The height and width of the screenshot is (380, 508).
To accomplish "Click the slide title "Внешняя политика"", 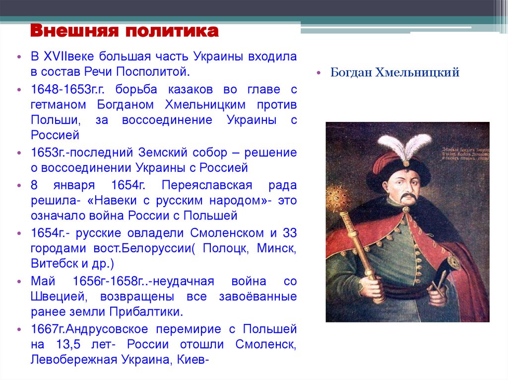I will [x=124, y=32].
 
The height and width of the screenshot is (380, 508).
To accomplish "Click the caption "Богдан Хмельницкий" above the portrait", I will [x=395, y=73].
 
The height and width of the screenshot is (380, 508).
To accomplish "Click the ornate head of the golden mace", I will [x=335, y=194].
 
